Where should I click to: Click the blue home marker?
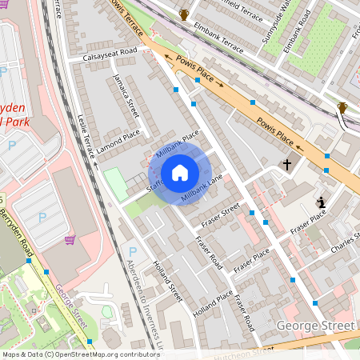pyautogui.click(x=180, y=172)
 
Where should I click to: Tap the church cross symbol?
pyautogui.click(x=287, y=164)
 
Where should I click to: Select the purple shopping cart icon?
pyautogui.click(x=70, y=239)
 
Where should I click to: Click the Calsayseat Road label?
pyautogui.click(x=102, y=54)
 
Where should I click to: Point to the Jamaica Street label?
pyautogui.click(x=126, y=95)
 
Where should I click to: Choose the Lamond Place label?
pyautogui.click(x=118, y=141)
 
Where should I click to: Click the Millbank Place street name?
pyautogui.click(x=177, y=144)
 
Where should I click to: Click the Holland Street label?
pyautogui.click(x=168, y=282)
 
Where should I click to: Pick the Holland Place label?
pyautogui.click(x=214, y=303)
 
